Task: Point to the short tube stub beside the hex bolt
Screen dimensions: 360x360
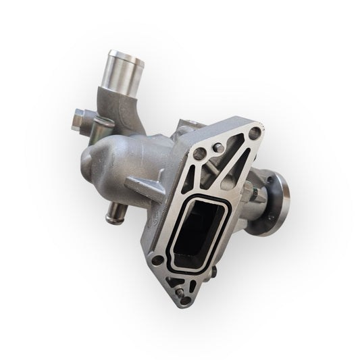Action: point(102,122)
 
